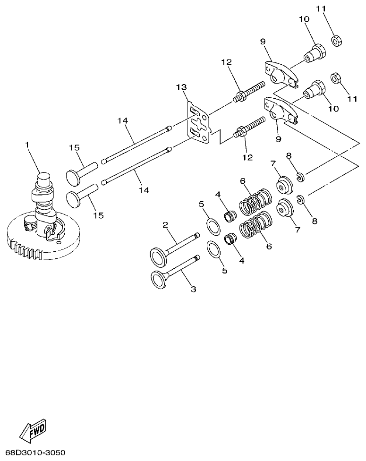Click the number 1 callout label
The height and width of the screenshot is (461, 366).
tap(27, 143)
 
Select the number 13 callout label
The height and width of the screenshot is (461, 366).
tap(181, 87)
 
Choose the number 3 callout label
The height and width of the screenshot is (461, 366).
tap(193, 289)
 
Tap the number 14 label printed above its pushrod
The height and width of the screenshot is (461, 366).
tap(123, 121)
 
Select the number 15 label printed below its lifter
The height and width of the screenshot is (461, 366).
tap(98, 215)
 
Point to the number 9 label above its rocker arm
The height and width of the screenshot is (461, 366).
tap(263, 42)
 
